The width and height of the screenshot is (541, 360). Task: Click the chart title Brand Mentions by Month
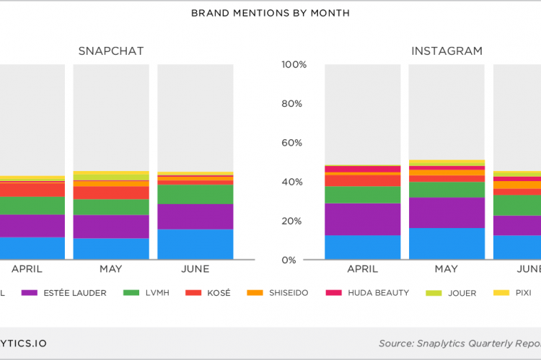pos(270,13)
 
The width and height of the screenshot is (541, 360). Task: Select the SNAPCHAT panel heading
pos(111,51)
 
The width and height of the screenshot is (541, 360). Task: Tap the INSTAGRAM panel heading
pos(447,51)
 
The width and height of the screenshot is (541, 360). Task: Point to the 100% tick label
pos(294,65)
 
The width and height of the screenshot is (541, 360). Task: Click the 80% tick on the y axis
pos(296,104)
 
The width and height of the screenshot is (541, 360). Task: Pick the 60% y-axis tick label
pos(296,143)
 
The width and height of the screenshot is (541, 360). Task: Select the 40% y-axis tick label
pos(296,182)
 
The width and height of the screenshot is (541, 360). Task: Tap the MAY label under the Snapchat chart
pos(111,269)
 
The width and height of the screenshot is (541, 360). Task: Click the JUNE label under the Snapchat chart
pos(195,269)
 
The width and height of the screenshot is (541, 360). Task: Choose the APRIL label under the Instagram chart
pos(362,269)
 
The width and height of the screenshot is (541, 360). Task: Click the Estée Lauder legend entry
pos(64,293)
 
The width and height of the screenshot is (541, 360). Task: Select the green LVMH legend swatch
pos(131,293)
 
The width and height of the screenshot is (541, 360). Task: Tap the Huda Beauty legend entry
pos(368,293)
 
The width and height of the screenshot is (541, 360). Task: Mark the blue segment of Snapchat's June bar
pos(195,245)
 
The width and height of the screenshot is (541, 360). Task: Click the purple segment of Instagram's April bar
pos(362,219)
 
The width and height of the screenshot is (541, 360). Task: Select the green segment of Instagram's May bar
pos(447,190)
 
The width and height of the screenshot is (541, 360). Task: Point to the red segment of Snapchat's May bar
pos(111,193)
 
